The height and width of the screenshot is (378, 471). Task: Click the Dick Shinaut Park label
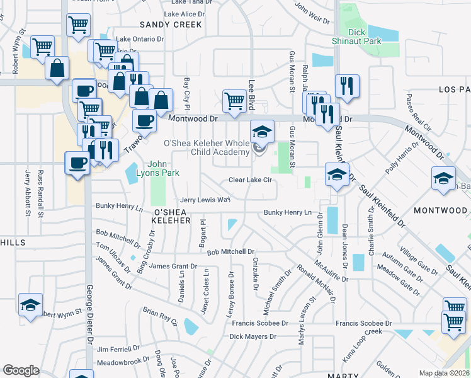coord(357,36)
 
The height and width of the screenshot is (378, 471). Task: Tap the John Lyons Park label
coord(163,169)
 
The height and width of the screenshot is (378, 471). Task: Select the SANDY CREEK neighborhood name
coord(171,25)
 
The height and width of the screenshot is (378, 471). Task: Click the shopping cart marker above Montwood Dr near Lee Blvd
coord(234,100)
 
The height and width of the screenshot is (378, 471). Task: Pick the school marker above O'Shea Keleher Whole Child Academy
coord(263,132)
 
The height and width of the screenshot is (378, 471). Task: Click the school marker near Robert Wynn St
coord(30,306)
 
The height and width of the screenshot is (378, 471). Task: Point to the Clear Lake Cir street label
coord(250,180)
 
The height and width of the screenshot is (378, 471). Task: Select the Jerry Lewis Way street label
coord(205,199)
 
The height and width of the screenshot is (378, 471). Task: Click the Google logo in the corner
coord(21,371)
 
